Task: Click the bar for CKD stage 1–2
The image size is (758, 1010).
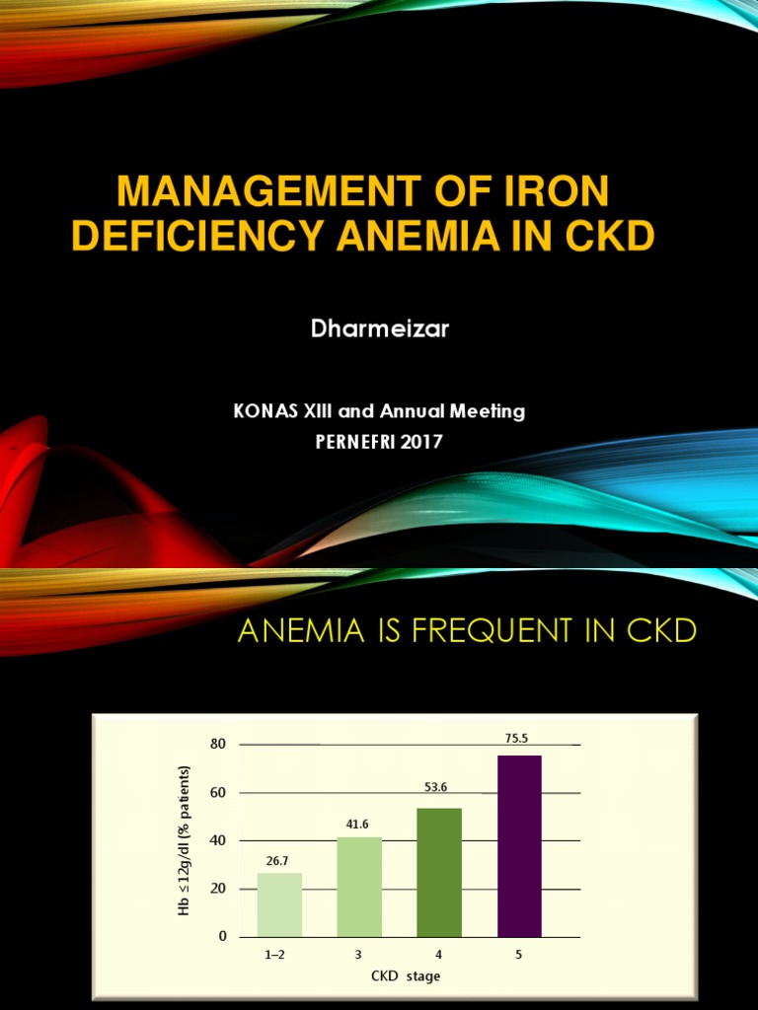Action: point(279,904)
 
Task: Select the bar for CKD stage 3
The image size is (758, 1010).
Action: point(359,887)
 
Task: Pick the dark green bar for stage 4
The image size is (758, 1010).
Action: point(439,872)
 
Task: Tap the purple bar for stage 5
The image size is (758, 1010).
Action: point(519,845)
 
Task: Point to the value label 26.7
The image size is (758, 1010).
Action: point(279,860)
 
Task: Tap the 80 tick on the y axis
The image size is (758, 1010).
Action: point(218,745)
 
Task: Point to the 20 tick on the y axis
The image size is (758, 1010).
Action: point(218,889)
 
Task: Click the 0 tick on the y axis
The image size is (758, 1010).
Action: point(222,936)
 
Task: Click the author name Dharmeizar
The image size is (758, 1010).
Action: point(380,329)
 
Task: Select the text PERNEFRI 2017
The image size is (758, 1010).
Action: point(379,442)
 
